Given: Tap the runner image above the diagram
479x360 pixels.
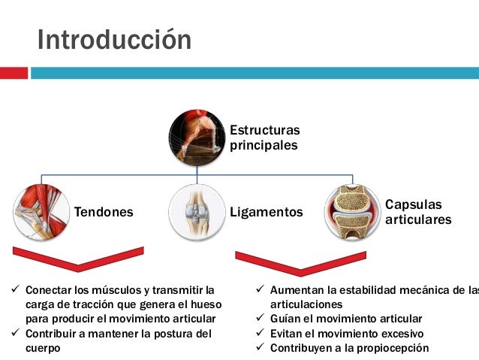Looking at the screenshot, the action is pyautogui.click(x=197, y=138).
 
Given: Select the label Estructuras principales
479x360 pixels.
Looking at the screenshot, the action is pyautogui.click(x=264, y=138).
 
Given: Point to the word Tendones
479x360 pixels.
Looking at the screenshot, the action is pyautogui.click(x=103, y=212).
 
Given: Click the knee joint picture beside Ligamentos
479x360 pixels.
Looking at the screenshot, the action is pyautogui.click(x=197, y=212).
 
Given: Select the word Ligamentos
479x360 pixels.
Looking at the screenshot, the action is pyautogui.click(x=267, y=213).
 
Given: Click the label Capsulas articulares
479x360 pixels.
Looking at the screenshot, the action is pyautogui.click(x=418, y=212).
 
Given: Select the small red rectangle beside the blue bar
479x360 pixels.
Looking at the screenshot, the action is pyautogui.click(x=14, y=73).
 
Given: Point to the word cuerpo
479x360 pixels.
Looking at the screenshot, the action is pyautogui.click(x=43, y=348).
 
